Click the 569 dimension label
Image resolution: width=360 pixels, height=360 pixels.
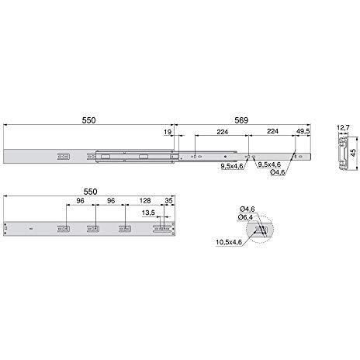(241, 120)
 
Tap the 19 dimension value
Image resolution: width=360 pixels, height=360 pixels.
(168, 132)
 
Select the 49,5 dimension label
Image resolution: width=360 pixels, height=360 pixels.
(303, 131)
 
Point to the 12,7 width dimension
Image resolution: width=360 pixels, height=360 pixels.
(343, 127)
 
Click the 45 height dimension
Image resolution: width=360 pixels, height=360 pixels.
(354, 153)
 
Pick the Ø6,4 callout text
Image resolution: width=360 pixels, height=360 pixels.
(246, 217)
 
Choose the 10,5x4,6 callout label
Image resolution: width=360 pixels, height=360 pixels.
(229, 242)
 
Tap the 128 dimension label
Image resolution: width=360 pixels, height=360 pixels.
(145, 200)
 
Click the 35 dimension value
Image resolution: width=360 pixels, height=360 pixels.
(168, 200)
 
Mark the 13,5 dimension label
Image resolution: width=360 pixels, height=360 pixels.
(148, 213)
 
